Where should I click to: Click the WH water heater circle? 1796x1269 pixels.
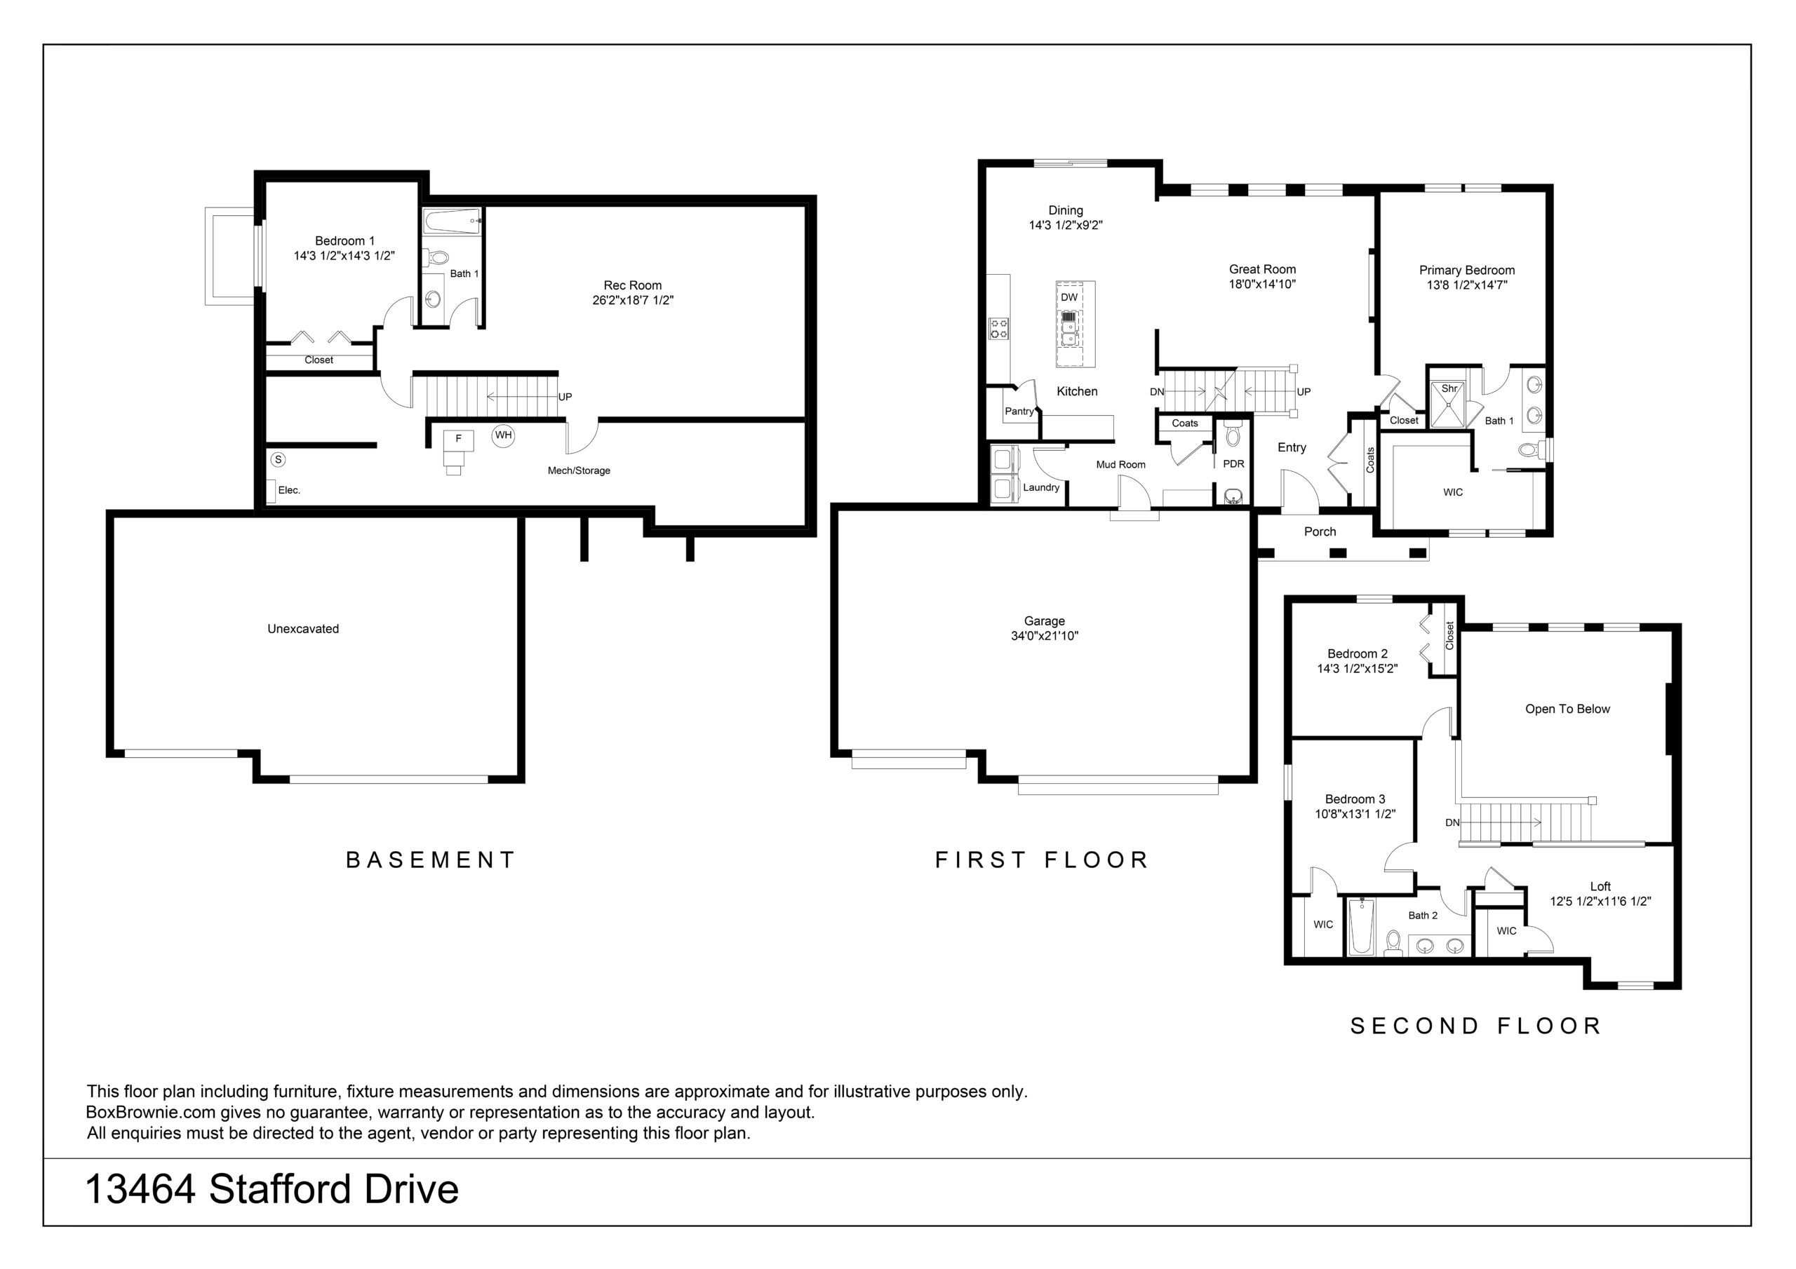coord(503,435)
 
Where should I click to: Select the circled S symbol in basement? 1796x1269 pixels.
coord(278,460)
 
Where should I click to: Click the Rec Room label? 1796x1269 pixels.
coord(632,285)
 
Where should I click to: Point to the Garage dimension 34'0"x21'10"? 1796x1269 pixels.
coord(1045,636)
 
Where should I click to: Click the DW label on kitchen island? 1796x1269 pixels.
coord(1068,297)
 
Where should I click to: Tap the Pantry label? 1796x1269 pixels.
coord(1019,412)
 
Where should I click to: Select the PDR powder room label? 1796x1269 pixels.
coord(1233,463)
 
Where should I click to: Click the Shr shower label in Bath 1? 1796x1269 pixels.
coord(1449,388)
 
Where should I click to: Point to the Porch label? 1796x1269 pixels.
coord(1320,531)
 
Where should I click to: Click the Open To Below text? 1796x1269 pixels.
coord(1567,710)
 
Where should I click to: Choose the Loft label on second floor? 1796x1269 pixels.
coord(1600,887)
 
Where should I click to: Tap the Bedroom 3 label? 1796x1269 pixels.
coord(1355,799)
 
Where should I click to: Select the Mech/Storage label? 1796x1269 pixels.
coord(579,470)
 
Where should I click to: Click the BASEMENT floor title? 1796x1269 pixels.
coord(430,860)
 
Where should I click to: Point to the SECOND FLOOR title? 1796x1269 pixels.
coord(1476,1026)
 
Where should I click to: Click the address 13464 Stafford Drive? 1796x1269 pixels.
coord(272,1189)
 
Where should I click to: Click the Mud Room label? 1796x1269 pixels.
coord(1120,464)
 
